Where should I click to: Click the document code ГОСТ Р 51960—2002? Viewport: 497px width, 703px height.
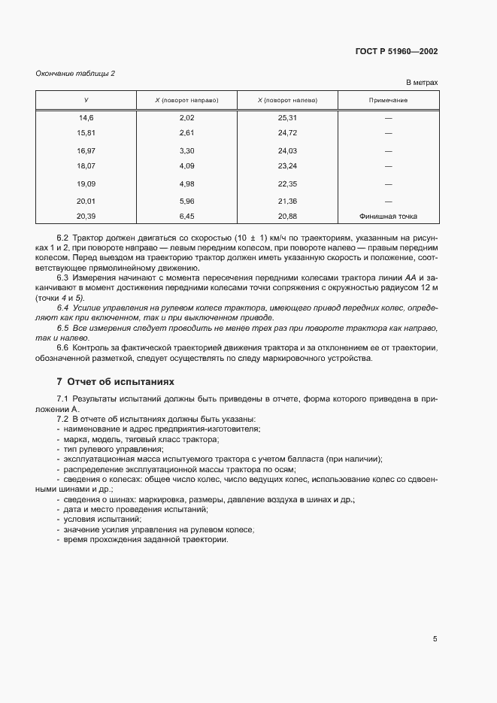[396, 52]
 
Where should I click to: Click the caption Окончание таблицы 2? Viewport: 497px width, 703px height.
[75, 73]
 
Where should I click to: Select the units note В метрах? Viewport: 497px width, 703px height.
[422, 83]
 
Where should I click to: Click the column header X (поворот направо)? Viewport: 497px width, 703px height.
[186, 100]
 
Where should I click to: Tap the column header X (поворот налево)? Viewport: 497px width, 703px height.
[287, 100]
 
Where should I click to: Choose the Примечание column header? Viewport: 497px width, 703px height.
[389, 100]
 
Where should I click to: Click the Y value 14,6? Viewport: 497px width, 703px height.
[86, 118]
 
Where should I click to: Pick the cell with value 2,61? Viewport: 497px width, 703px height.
[186, 132]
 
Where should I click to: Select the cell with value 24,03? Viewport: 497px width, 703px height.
[287, 150]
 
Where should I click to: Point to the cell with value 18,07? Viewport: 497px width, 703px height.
[86, 165]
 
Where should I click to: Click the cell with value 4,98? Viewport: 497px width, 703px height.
[186, 183]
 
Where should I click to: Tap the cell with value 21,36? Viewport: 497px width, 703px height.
[287, 201]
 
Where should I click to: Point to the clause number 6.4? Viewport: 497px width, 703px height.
[64, 308]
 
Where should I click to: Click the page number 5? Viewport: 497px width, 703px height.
[435, 639]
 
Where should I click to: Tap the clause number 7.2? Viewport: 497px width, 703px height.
[63, 418]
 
